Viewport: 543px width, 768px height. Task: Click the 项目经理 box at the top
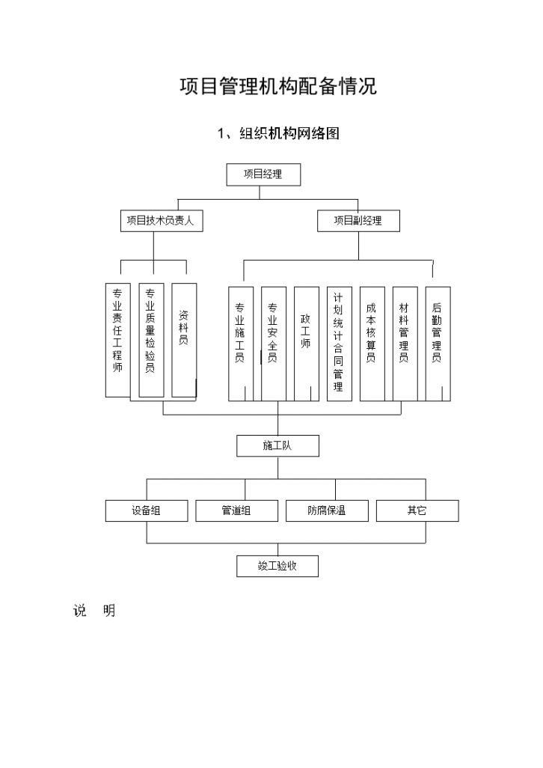[263, 174]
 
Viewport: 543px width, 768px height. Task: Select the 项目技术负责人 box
[161, 221]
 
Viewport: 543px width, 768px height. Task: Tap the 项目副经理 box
[358, 221]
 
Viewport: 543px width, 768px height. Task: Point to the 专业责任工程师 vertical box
[117, 340]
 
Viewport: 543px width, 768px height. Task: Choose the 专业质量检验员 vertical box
[150, 340]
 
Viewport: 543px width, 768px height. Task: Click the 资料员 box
[184, 340]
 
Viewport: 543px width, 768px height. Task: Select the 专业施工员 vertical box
[240, 344]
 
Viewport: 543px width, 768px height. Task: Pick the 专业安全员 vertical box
[273, 344]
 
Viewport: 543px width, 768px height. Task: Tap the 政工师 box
[306, 344]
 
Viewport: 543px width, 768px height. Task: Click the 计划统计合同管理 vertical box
[339, 344]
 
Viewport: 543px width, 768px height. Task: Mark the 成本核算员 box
[372, 344]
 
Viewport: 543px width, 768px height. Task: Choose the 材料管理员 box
[405, 344]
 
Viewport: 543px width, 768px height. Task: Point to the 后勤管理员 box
[438, 344]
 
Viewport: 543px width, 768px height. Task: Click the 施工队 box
[277, 445]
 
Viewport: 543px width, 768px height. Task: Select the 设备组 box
[147, 511]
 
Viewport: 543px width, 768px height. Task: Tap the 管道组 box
[236, 511]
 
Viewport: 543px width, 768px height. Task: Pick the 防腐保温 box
[327, 511]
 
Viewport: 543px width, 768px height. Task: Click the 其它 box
[417, 511]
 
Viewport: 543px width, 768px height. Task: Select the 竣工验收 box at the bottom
[277, 566]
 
